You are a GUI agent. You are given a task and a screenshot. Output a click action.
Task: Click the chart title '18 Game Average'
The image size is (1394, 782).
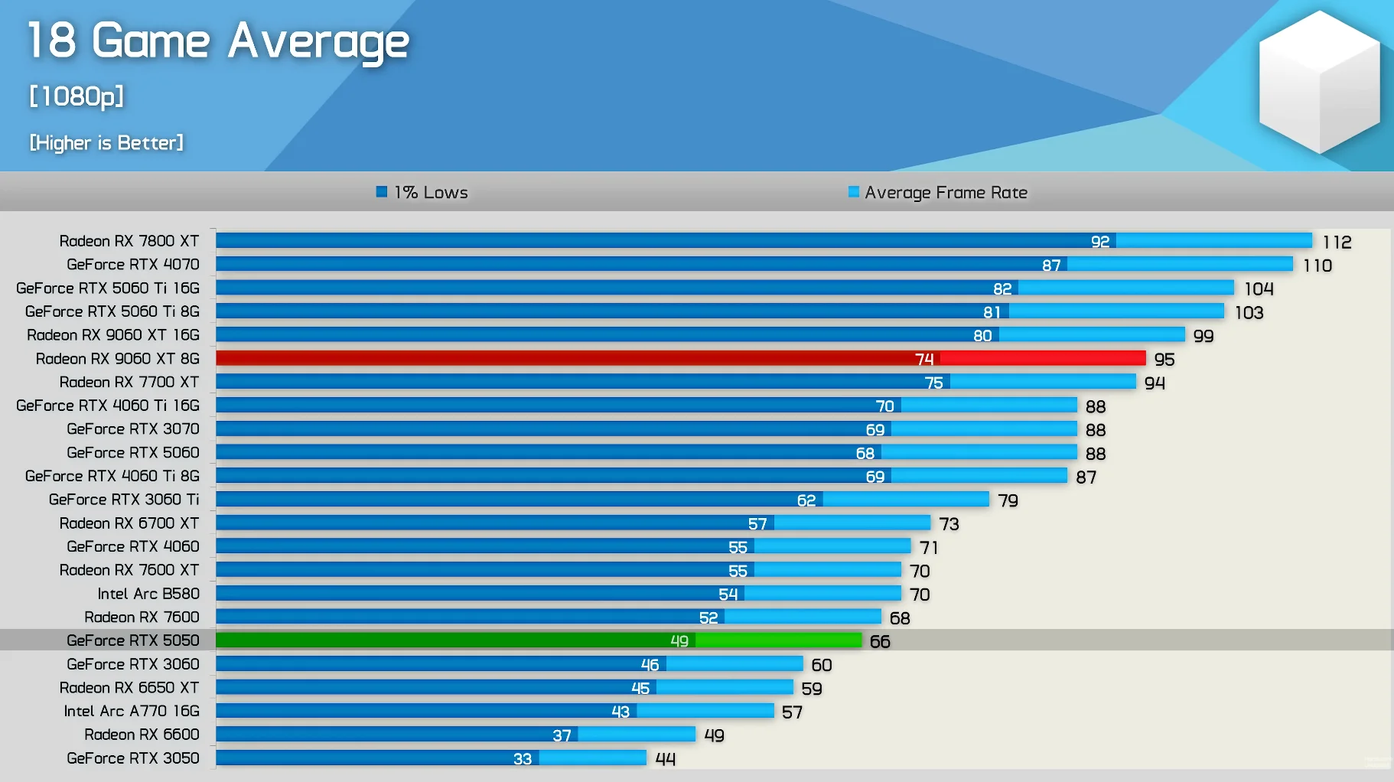tap(218, 41)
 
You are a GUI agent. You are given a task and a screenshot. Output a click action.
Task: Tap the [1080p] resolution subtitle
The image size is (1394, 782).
tap(77, 96)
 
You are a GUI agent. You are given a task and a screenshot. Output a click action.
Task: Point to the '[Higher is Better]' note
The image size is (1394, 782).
tap(106, 143)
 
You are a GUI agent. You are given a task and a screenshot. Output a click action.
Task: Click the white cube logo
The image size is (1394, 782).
tap(1319, 80)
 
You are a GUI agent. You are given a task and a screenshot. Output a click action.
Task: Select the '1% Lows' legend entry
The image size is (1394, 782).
tap(422, 193)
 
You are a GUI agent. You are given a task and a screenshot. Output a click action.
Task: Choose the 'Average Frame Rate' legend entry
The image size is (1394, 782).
tap(938, 193)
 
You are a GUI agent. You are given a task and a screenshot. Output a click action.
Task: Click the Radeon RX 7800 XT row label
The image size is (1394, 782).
tap(129, 241)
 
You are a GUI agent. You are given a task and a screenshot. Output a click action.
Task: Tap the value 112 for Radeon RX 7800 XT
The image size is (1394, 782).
tap(1337, 243)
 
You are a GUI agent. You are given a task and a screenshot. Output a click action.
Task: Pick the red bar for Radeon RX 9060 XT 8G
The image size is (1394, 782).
tap(680, 359)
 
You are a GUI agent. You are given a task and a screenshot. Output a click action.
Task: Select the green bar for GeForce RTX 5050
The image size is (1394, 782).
tap(539, 640)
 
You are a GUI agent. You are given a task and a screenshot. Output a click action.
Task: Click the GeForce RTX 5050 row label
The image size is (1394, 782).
tap(132, 640)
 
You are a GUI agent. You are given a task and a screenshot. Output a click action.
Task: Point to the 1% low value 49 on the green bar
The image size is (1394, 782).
tap(679, 641)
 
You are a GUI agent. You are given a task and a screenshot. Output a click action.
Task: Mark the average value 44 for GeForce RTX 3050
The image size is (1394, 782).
tap(665, 759)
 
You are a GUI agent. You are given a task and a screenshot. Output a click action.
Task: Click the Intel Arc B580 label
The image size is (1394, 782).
tap(148, 594)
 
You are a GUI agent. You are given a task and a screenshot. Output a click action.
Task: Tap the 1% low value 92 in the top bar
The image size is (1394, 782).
tap(1099, 242)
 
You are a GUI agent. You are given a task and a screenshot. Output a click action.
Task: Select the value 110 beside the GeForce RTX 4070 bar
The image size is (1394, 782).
tap(1317, 266)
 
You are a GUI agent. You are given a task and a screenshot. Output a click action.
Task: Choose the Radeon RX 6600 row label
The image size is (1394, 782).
tap(142, 735)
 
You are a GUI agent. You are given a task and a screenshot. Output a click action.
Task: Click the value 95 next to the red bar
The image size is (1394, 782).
tap(1164, 360)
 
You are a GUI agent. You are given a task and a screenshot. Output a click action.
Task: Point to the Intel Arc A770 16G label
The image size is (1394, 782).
tap(132, 712)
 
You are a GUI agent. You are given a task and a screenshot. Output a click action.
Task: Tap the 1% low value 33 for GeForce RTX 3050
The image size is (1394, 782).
tap(523, 759)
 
